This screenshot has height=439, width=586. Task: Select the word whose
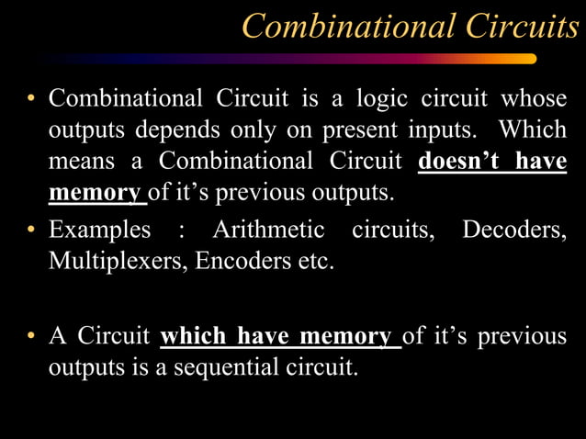pyautogui.click(x=533, y=98)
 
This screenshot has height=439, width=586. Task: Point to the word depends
pyautogui.click(x=155, y=130)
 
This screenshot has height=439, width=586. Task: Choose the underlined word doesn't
pyautogui.click(x=460, y=162)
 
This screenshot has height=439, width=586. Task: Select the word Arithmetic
pyautogui.click(x=268, y=229)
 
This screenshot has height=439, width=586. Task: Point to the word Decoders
pyautogui.click(x=513, y=229)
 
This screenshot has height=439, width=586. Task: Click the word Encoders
pyautogui.click(x=254, y=260)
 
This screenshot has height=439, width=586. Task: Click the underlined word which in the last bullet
pyautogui.click(x=196, y=337)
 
